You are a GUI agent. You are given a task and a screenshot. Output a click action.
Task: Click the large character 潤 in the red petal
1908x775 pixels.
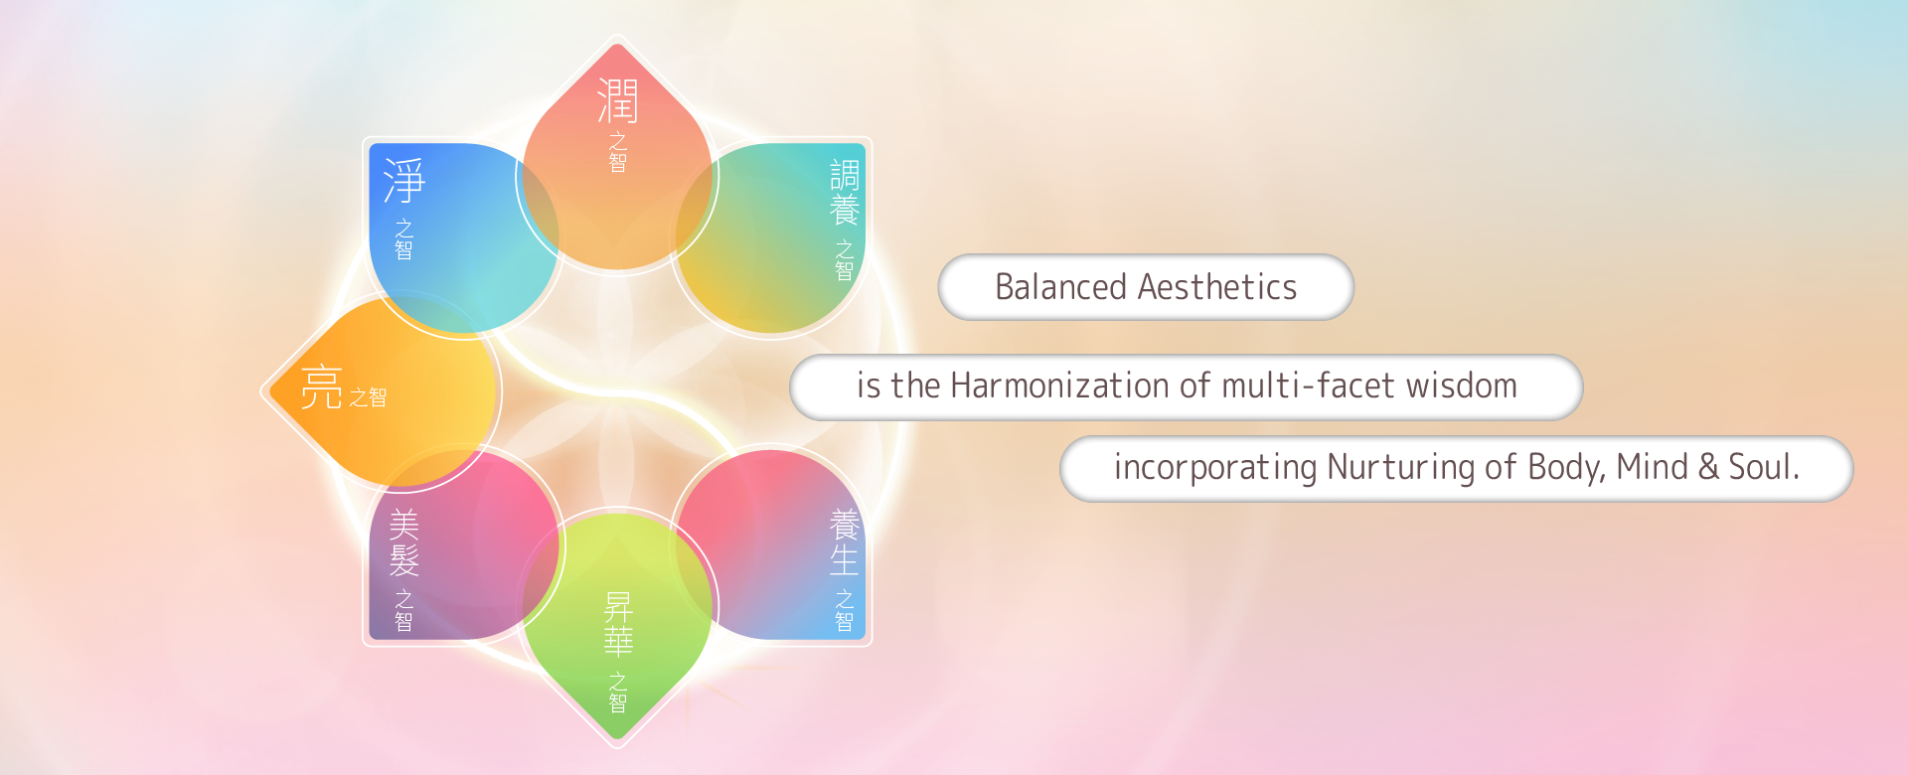(617, 101)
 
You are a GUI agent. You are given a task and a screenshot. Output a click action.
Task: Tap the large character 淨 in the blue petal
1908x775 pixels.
(404, 181)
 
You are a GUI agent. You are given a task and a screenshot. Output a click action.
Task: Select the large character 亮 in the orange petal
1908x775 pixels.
(322, 387)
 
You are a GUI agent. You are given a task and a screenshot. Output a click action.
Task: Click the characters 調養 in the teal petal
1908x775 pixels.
(844, 193)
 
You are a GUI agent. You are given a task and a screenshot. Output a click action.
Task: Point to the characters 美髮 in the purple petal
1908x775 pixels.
(403, 542)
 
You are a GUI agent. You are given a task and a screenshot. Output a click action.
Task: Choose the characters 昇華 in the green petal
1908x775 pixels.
(618, 624)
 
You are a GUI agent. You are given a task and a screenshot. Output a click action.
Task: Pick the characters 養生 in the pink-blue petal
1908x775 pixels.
(844, 542)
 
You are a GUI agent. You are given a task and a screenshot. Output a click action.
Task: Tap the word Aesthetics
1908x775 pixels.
(1217, 287)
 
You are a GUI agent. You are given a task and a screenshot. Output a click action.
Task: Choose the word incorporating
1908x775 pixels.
(1215, 467)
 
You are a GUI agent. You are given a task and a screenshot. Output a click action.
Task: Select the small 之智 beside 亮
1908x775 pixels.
(368, 397)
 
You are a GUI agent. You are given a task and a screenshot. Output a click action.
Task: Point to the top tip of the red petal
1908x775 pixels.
(617, 44)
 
